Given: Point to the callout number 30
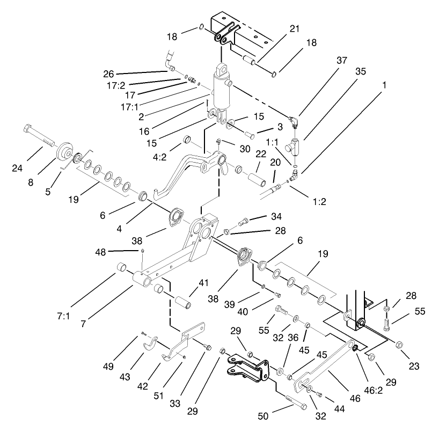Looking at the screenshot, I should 245,149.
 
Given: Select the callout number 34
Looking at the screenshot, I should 276,217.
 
